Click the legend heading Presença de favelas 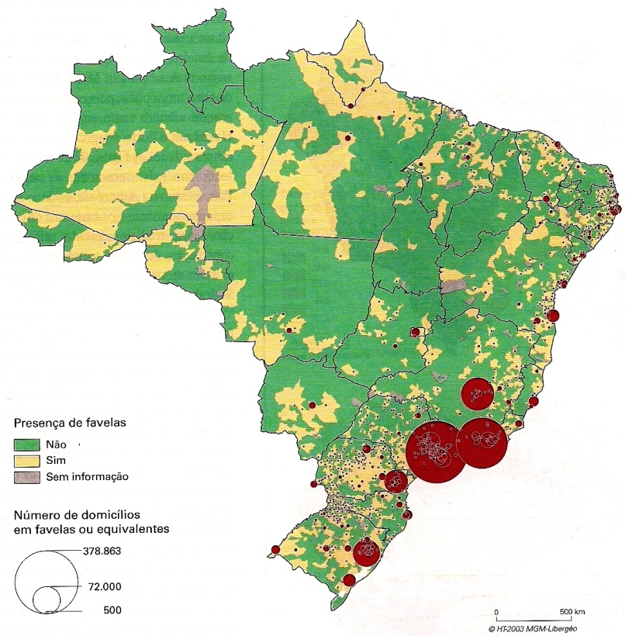click(x=70, y=423)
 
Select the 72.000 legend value click(x=102, y=587)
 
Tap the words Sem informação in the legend click(x=87, y=476)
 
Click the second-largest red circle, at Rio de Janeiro click(x=482, y=443)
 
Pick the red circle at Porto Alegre click(x=366, y=553)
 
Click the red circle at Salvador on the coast click(x=553, y=315)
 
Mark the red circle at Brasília click(x=415, y=333)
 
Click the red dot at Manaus click(x=348, y=137)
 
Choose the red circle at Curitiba click(x=395, y=481)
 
